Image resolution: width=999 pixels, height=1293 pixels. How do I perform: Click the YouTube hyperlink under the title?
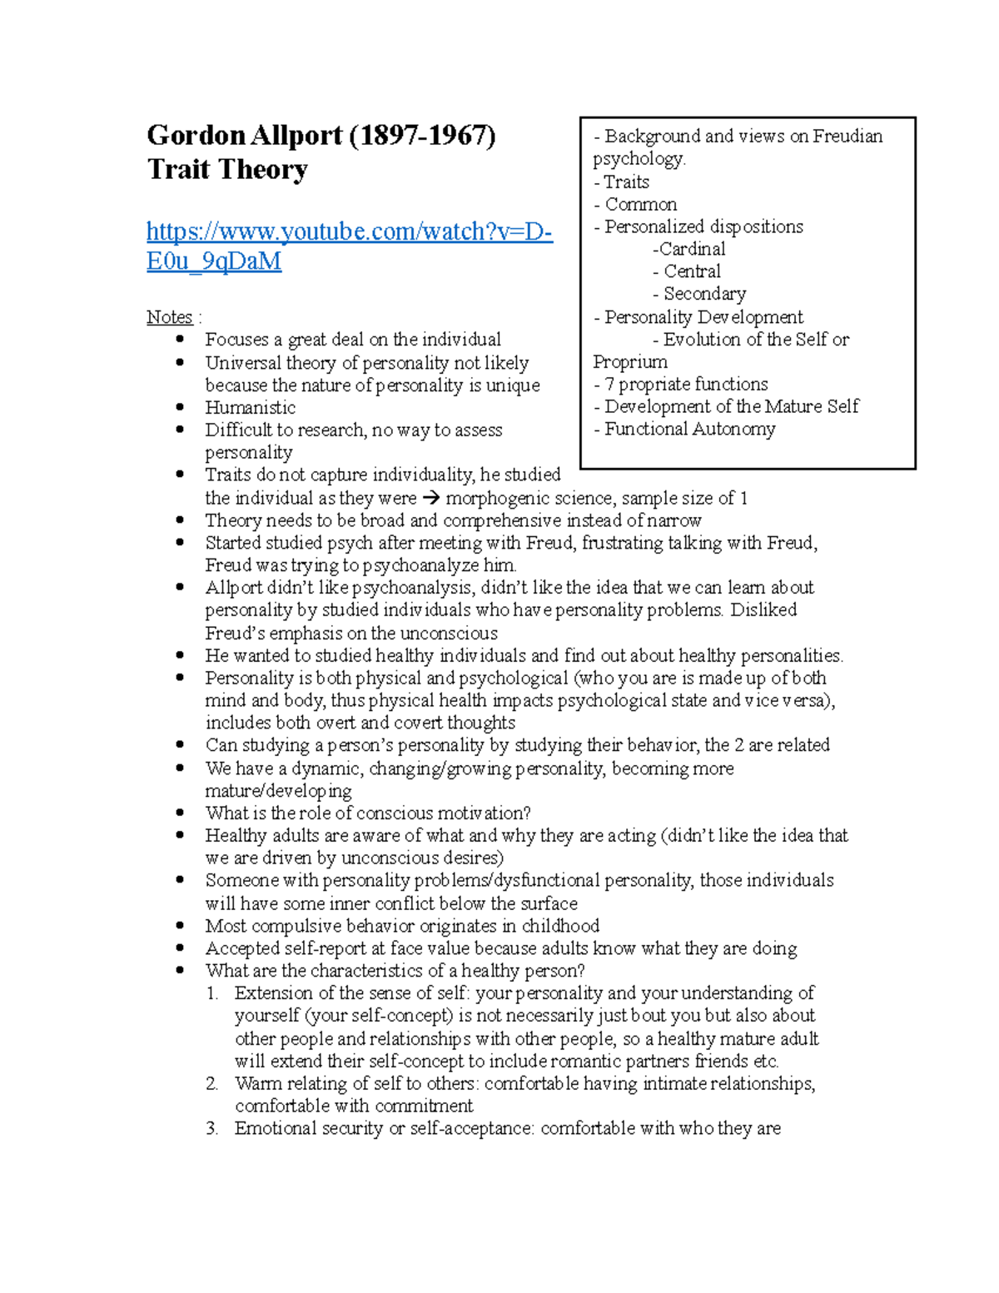349,232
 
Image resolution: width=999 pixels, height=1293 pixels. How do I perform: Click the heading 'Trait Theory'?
227,170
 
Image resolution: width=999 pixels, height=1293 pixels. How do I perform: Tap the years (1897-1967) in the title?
422,135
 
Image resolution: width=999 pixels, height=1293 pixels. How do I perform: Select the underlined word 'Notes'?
169,317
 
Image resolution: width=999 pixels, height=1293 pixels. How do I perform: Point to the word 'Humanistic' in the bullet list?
250,408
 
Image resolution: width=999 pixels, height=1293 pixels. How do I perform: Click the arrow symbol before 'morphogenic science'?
430,499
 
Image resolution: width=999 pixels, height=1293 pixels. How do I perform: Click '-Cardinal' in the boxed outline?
689,249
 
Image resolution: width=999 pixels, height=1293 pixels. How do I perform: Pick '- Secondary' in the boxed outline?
699,294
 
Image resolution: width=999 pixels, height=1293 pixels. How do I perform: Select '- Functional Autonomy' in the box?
684,430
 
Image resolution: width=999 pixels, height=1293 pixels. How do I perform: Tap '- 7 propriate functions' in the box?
681,385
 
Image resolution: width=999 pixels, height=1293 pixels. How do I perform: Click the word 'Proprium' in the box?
630,362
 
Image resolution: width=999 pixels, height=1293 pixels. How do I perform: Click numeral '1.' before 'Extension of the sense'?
212,993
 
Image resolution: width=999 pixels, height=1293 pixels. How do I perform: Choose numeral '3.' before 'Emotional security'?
212,1129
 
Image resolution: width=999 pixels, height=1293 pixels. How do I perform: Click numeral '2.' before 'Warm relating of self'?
212,1084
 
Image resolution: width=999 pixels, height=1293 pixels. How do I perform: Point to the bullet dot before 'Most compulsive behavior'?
181,925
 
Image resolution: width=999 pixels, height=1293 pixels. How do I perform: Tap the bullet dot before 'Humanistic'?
181,407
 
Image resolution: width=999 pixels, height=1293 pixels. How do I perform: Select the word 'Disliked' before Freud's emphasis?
763,610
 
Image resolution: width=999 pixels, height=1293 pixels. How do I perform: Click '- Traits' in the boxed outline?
621,182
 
